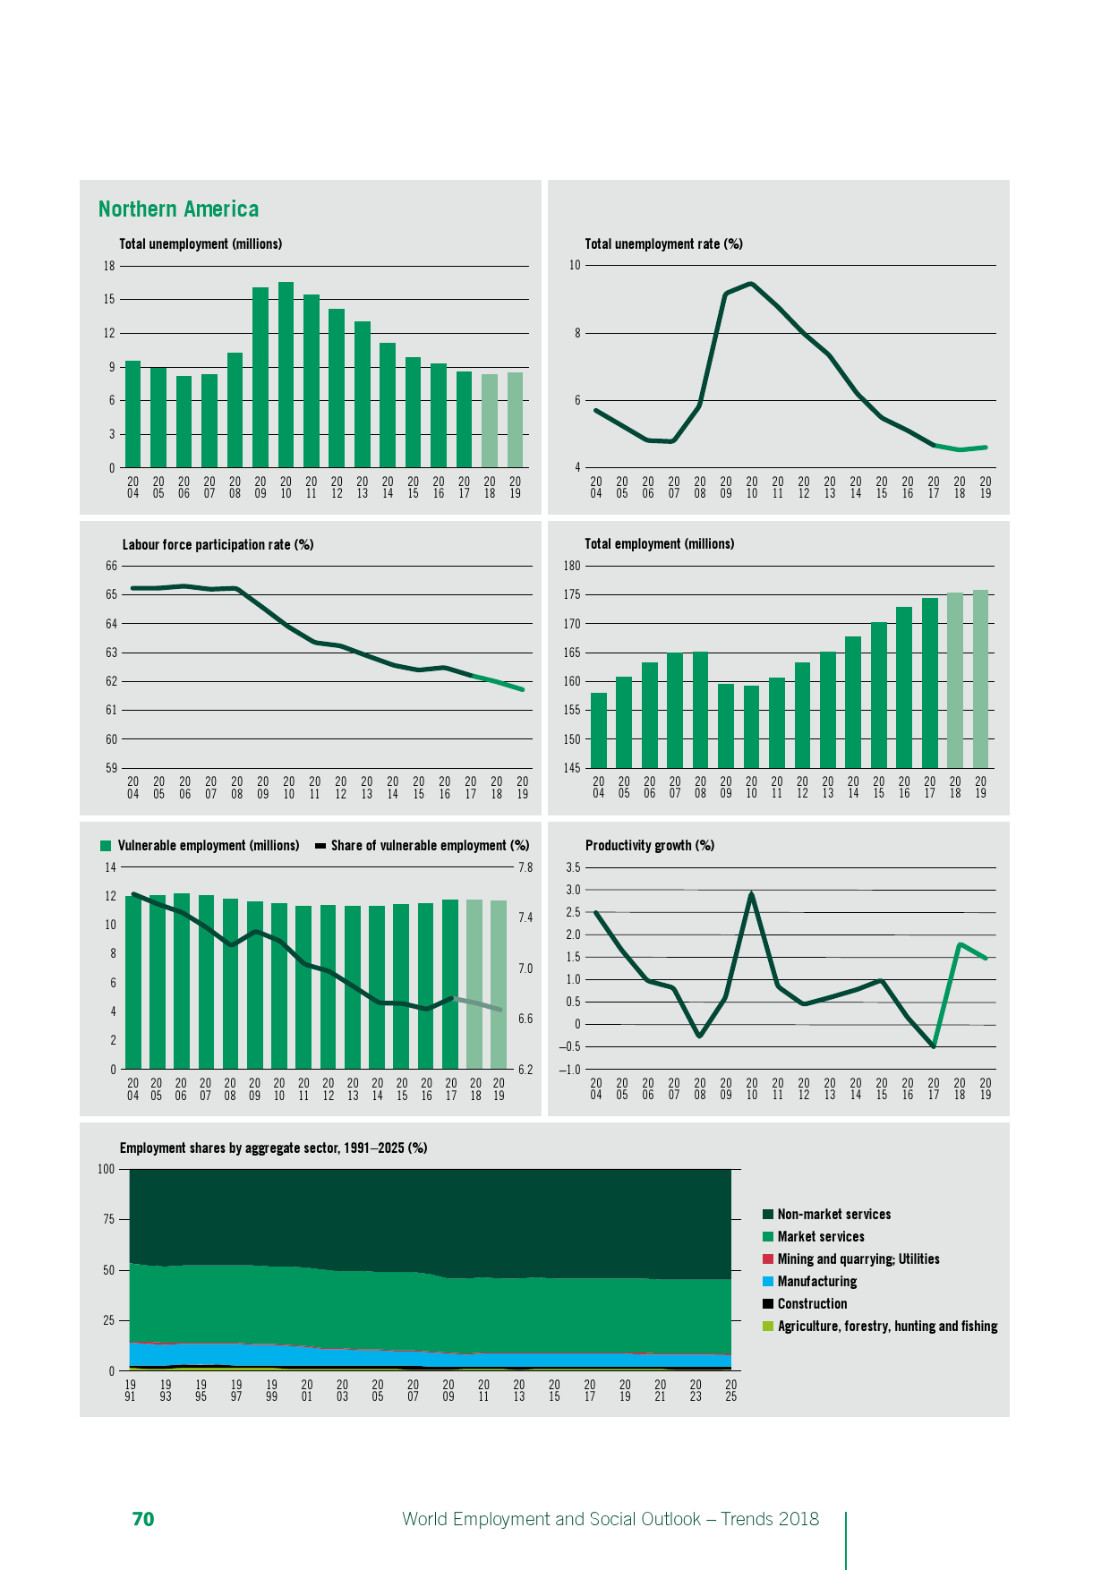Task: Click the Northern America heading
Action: point(178,209)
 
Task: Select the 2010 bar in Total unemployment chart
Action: point(286,375)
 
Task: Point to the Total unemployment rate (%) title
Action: point(663,243)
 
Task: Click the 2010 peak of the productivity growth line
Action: point(751,894)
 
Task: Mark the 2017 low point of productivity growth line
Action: point(934,1045)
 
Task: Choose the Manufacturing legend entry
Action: point(816,1282)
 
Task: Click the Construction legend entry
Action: point(812,1304)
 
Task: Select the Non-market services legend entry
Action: point(833,1215)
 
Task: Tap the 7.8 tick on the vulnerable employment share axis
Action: point(525,867)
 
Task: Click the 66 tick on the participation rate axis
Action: point(111,566)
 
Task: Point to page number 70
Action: point(143,1519)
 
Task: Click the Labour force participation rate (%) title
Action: point(218,544)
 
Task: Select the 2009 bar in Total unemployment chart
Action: point(260,378)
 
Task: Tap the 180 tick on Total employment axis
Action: point(572,566)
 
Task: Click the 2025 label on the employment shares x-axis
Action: point(730,1390)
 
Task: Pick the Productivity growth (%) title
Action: point(649,845)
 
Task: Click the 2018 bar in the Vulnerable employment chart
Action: point(474,984)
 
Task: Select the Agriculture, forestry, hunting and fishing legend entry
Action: point(887,1327)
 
